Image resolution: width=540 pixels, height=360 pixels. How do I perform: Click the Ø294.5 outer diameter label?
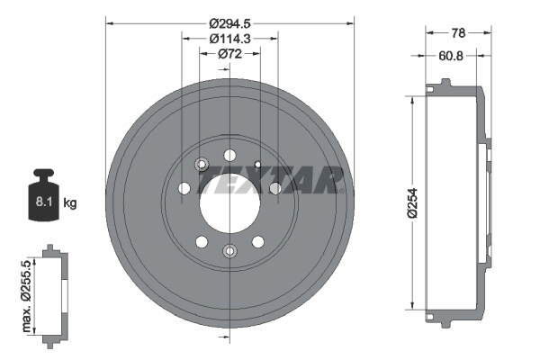pos(229,23)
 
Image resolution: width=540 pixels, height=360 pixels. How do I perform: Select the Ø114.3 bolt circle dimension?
pos(229,39)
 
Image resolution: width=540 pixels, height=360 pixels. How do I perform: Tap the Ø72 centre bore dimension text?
pos(229,54)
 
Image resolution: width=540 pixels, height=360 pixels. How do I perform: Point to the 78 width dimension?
pos(458,33)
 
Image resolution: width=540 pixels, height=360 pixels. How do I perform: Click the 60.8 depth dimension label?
pos(451,56)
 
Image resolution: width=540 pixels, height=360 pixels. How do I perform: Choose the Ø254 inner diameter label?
pos(412,202)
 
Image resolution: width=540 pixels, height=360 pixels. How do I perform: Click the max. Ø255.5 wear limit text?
pos(26,296)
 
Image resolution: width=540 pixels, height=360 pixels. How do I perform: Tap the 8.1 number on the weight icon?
pos(44,202)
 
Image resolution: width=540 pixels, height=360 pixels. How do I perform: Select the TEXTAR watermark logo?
pos(270,179)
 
